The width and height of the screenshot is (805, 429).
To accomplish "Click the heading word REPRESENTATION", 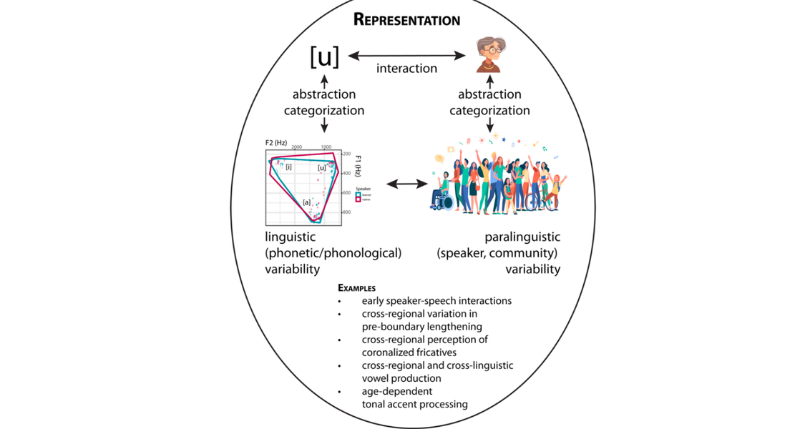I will [406, 19].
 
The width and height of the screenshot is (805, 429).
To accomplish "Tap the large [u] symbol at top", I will [324, 57].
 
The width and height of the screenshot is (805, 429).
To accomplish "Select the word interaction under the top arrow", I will [406, 69].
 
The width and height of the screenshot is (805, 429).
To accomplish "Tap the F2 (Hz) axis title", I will [276, 143].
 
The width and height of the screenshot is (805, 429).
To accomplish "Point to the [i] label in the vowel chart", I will [288, 167].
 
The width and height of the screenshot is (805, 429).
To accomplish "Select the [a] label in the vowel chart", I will [306, 202].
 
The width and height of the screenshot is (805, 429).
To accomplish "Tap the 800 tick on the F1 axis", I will [346, 213].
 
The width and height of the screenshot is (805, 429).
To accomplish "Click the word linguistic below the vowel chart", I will [291, 237].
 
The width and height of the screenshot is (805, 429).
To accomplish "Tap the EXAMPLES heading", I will [357, 288].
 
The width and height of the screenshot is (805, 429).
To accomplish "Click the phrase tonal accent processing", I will [414, 404].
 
